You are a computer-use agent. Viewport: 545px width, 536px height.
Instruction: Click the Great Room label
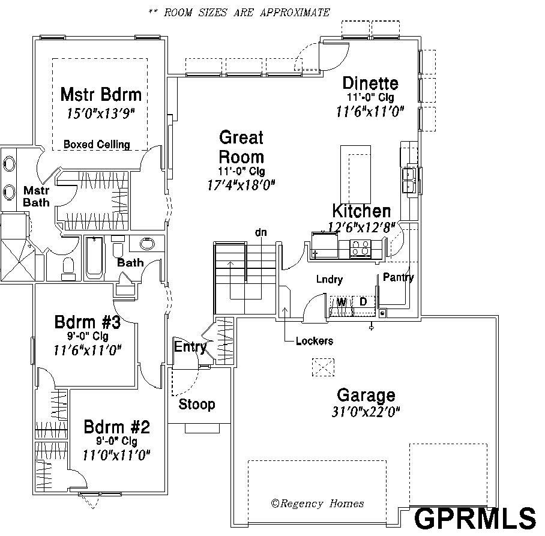(x=241, y=147)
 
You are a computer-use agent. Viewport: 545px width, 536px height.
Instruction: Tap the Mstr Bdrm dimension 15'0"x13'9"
(x=101, y=113)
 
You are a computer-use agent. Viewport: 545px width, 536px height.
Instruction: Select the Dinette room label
(x=370, y=83)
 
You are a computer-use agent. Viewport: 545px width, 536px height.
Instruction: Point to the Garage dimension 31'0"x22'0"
(x=366, y=412)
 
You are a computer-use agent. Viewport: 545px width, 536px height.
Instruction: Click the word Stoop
(x=197, y=405)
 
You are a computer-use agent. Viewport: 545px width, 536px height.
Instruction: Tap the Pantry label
(x=399, y=277)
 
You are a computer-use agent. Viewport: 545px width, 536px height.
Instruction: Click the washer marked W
(x=341, y=306)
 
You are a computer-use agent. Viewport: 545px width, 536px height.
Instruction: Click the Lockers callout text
(x=314, y=341)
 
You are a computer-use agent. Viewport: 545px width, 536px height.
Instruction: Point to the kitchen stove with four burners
(x=361, y=249)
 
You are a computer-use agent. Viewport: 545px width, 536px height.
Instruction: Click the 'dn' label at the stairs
(x=261, y=232)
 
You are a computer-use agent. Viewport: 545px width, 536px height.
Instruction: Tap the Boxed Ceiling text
(x=97, y=144)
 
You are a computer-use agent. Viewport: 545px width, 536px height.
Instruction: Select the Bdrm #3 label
(x=88, y=322)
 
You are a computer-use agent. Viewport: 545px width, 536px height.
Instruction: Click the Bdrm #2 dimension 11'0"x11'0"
(x=116, y=454)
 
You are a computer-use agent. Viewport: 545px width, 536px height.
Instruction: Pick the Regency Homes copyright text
(x=318, y=504)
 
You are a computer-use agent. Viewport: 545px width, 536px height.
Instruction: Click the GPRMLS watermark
(x=475, y=519)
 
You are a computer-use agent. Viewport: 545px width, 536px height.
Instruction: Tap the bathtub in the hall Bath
(x=94, y=258)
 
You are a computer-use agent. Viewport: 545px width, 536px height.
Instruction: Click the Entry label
(x=190, y=347)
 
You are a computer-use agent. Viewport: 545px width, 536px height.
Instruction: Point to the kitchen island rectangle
(x=355, y=175)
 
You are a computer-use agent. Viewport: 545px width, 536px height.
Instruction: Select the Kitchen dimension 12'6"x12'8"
(x=362, y=227)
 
